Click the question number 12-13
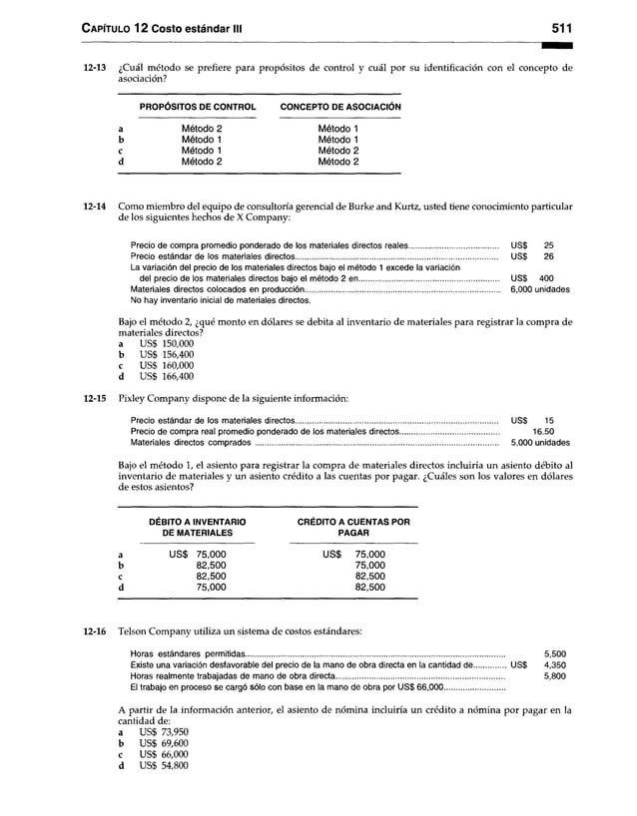94,69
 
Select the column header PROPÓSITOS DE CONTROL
198,107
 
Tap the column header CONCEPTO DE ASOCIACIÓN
339,107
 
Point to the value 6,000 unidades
540,288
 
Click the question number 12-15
94,398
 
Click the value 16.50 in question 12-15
543,432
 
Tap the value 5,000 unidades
540,443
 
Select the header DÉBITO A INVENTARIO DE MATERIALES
197,528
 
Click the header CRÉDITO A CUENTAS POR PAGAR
353,528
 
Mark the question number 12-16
94,632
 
